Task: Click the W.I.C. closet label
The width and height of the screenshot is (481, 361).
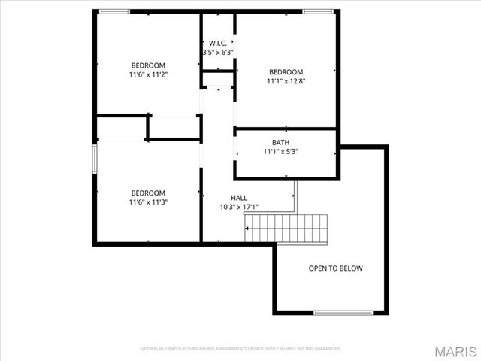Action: (x=218, y=42)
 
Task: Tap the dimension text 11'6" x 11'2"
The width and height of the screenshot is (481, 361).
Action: (x=148, y=75)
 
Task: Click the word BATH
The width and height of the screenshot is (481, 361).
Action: (x=280, y=142)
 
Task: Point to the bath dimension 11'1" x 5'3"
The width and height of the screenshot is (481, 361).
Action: (x=280, y=152)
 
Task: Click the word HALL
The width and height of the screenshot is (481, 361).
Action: (x=239, y=198)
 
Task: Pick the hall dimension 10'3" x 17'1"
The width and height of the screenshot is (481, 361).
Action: (x=239, y=208)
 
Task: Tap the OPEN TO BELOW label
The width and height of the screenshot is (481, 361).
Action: (x=335, y=268)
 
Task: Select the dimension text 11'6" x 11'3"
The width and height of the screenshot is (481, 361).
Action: (x=148, y=202)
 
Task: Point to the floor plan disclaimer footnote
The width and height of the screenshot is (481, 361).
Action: (x=240, y=349)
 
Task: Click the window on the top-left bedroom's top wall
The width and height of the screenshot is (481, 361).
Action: (x=114, y=11)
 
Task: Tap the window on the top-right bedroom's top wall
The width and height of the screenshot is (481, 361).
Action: (x=319, y=11)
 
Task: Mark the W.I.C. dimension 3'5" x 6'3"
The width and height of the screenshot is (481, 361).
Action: (x=218, y=53)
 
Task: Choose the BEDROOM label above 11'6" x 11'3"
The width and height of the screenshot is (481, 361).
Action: (x=148, y=193)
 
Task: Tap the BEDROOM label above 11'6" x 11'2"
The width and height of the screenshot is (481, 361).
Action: (x=148, y=65)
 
